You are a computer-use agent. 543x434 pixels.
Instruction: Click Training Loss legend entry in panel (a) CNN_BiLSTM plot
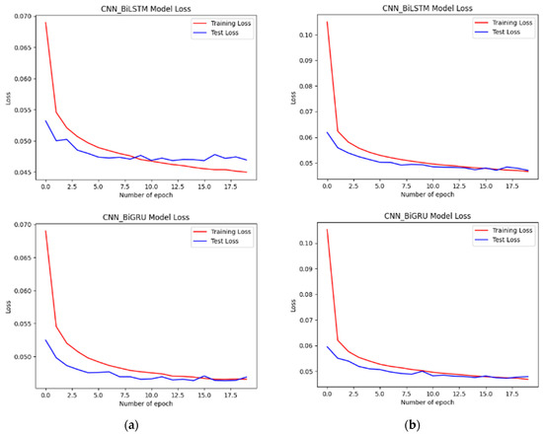point(220,23)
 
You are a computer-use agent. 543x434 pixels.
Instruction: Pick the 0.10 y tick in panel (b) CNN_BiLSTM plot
point(297,35)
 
